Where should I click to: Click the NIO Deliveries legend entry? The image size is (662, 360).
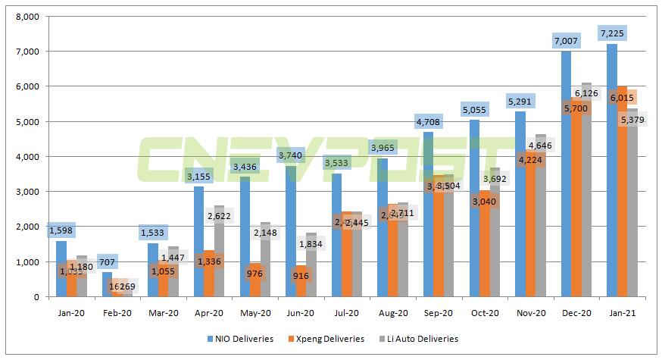click(241, 339)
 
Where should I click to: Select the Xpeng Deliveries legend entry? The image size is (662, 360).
click(327, 339)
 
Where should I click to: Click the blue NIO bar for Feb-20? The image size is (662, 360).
click(108, 284)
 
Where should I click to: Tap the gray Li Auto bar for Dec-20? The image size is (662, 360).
click(585, 189)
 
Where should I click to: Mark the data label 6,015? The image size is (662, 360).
click(622, 97)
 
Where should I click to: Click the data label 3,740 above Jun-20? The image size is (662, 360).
click(291, 155)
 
